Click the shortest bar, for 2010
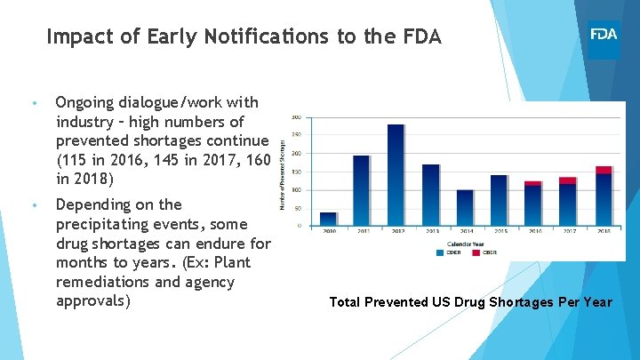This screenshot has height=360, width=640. pos(328,219)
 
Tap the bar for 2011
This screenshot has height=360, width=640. pos(362,190)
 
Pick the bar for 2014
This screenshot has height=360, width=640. pos(465,207)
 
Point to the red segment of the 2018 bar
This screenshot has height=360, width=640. pos(604,170)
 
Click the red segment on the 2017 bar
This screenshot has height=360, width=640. pos(568,180)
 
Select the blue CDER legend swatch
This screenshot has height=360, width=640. pos(440,252)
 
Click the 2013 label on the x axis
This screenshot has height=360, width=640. pos(431,231)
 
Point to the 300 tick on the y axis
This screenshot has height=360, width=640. pos(295,116)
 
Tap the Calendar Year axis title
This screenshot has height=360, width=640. pos(465,244)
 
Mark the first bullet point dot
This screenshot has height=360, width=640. pos(32,103)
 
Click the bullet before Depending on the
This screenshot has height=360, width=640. pos(32,205)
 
